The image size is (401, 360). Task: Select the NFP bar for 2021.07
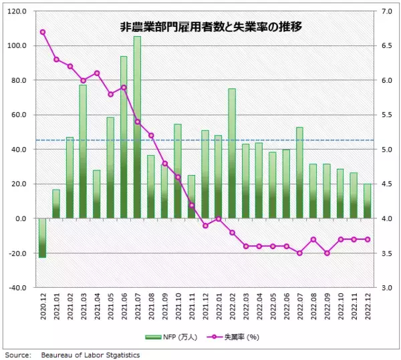click(137, 127)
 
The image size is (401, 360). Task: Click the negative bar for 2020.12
click(43, 238)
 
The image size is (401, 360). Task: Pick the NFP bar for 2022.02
click(232, 154)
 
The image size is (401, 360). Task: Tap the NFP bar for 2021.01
click(56, 204)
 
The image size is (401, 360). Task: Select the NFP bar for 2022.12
click(367, 201)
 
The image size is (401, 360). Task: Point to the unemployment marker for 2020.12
click(43, 32)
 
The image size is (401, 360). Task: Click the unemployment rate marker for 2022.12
click(367, 239)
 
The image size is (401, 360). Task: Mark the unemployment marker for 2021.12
click(205, 226)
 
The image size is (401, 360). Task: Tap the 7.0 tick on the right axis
click(386, 11)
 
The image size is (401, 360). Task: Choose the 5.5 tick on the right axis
click(386, 115)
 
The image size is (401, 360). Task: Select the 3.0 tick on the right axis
click(386, 288)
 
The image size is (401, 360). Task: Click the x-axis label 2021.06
click(124, 309)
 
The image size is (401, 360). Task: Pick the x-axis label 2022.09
click(327, 309)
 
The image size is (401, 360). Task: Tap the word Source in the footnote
click(17, 355)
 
